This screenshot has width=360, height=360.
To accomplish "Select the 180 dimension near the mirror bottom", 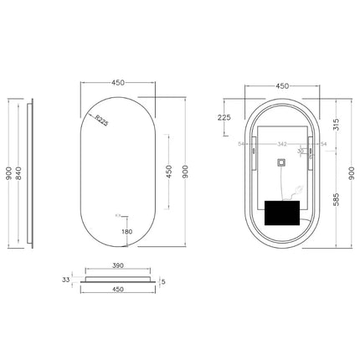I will (126, 232).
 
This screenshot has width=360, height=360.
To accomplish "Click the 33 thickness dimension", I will (66, 280).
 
